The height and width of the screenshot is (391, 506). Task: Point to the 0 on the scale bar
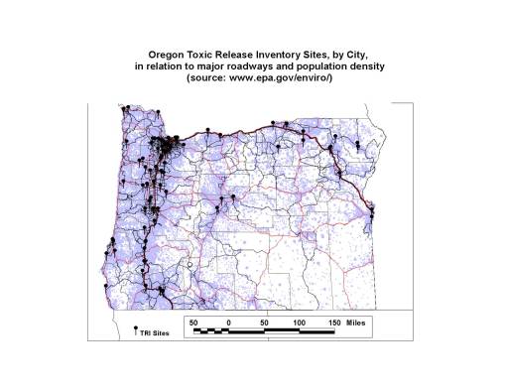coord(228,323)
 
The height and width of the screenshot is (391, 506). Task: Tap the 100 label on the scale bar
coord(300,323)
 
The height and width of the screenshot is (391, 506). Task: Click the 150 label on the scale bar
coord(335,323)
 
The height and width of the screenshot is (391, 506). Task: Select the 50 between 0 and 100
coord(264,323)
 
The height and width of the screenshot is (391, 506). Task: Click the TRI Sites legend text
coord(156,333)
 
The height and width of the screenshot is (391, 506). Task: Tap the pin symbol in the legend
coord(136,328)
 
